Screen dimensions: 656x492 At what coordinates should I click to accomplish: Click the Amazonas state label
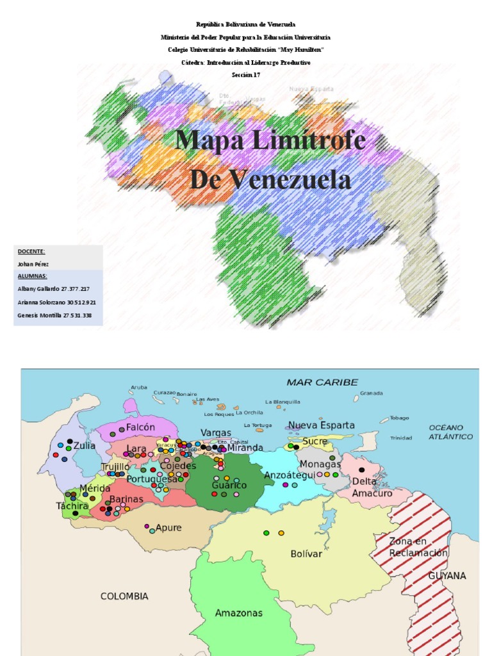(238, 613)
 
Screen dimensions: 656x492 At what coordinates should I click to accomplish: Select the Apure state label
(168, 528)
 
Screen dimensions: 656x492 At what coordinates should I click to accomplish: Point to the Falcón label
(141, 427)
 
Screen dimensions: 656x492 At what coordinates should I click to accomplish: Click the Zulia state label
(85, 445)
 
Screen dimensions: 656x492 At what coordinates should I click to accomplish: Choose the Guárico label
(229, 486)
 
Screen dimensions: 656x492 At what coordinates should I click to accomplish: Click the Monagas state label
(320, 464)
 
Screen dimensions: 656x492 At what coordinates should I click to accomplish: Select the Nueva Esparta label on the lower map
(321, 425)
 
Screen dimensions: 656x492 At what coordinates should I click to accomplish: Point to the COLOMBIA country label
(124, 596)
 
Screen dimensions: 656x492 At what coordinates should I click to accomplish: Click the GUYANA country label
(447, 576)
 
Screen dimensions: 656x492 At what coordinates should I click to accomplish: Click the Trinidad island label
(401, 438)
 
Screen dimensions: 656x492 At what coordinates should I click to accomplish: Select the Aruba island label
(139, 387)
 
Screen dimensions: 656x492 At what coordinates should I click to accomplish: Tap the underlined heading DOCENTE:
(31, 252)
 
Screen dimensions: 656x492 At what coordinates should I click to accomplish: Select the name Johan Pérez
(33, 264)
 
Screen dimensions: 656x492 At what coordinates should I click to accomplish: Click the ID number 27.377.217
(76, 289)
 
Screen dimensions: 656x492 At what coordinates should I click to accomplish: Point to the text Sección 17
(246, 75)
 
